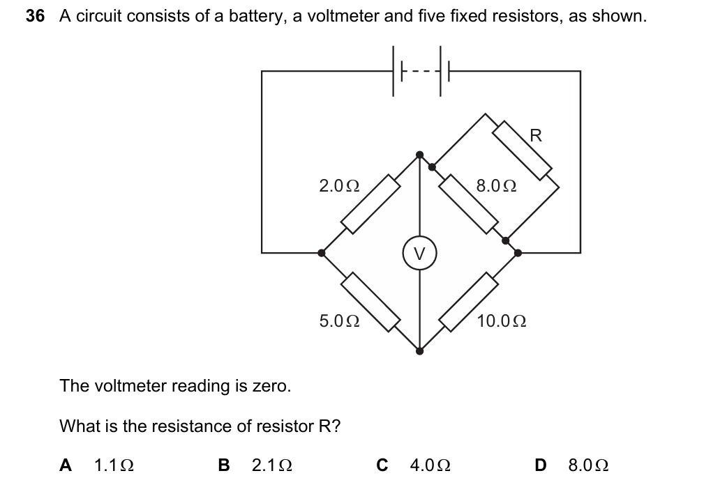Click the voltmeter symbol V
coord(419,254)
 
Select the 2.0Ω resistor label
coord(339,186)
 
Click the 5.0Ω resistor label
coord(339,321)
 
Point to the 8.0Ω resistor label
coord(496,186)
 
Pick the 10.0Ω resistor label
coord(501,321)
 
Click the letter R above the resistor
coord(536,136)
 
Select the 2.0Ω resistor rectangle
coord(370,203)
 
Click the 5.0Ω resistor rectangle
coord(370,301)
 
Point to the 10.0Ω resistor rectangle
coord(468,301)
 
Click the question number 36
coord(36,17)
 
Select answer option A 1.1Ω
coord(98,465)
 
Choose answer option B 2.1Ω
coord(255,465)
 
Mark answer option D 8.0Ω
coord(571,465)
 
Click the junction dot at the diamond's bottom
coord(419,351)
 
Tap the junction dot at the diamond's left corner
coord(322,253)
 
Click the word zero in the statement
coord(271,386)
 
